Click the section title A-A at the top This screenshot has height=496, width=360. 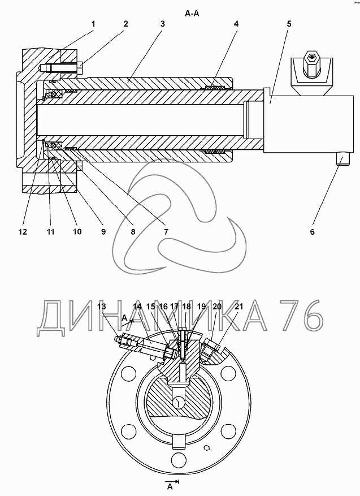[x=192, y=14]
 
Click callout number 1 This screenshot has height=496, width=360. [x=94, y=24]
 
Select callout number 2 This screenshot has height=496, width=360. [x=125, y=24]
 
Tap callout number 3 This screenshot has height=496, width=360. [x=162, y=24]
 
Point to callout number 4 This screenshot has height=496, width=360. [x=236, y=24]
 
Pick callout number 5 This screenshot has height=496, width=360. [x=289, y=24]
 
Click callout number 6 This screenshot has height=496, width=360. [x=313, y=232]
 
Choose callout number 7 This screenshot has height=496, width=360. [x=166, y=232]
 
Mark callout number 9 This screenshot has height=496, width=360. [x=103, y=232]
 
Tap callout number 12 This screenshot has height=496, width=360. [x=23, y=232]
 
